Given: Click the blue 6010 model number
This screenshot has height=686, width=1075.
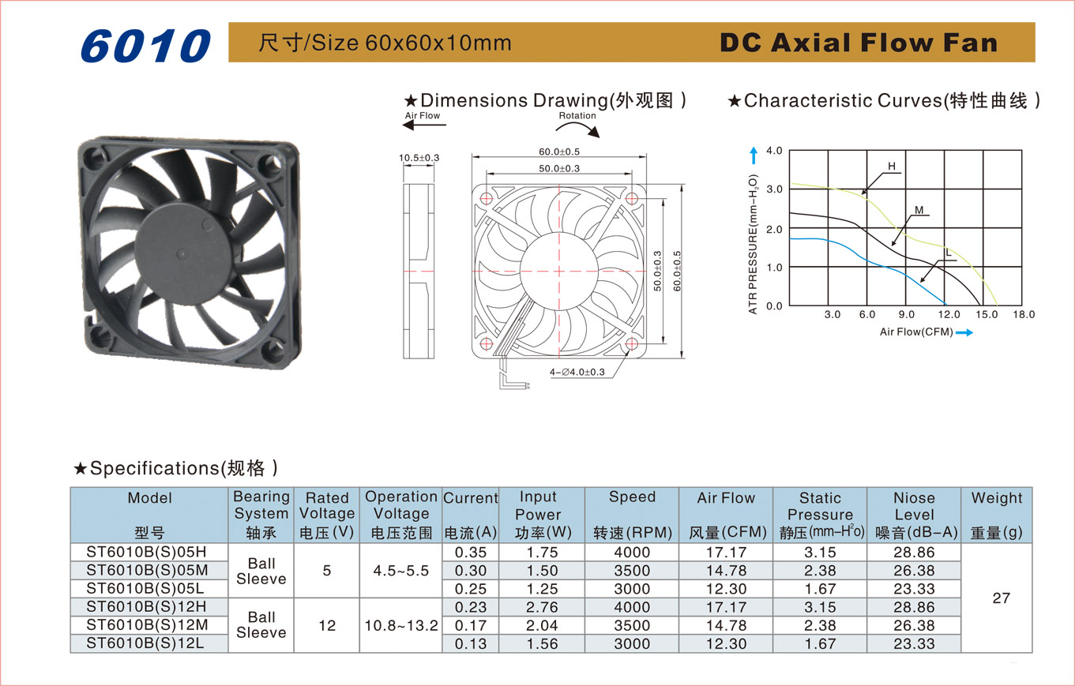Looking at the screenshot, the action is tap(146, 46).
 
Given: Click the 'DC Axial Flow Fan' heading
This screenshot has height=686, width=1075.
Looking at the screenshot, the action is tap(859, 43).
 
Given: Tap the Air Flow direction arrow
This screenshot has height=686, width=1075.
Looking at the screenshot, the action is tap(424, 126).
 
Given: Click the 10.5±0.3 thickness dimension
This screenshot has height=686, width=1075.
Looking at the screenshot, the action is tap(419, 158).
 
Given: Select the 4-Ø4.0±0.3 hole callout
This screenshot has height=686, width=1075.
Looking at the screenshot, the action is tap(577, 372).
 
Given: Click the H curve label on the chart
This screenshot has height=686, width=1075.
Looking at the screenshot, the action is tap(891, 166).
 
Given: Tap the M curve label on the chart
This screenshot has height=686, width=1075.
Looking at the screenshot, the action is tap(919, 210).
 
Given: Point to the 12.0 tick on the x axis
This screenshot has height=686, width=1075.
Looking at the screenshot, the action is tap(949, 315).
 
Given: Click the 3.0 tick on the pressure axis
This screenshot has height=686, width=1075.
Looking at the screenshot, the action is tap(774, 189).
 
